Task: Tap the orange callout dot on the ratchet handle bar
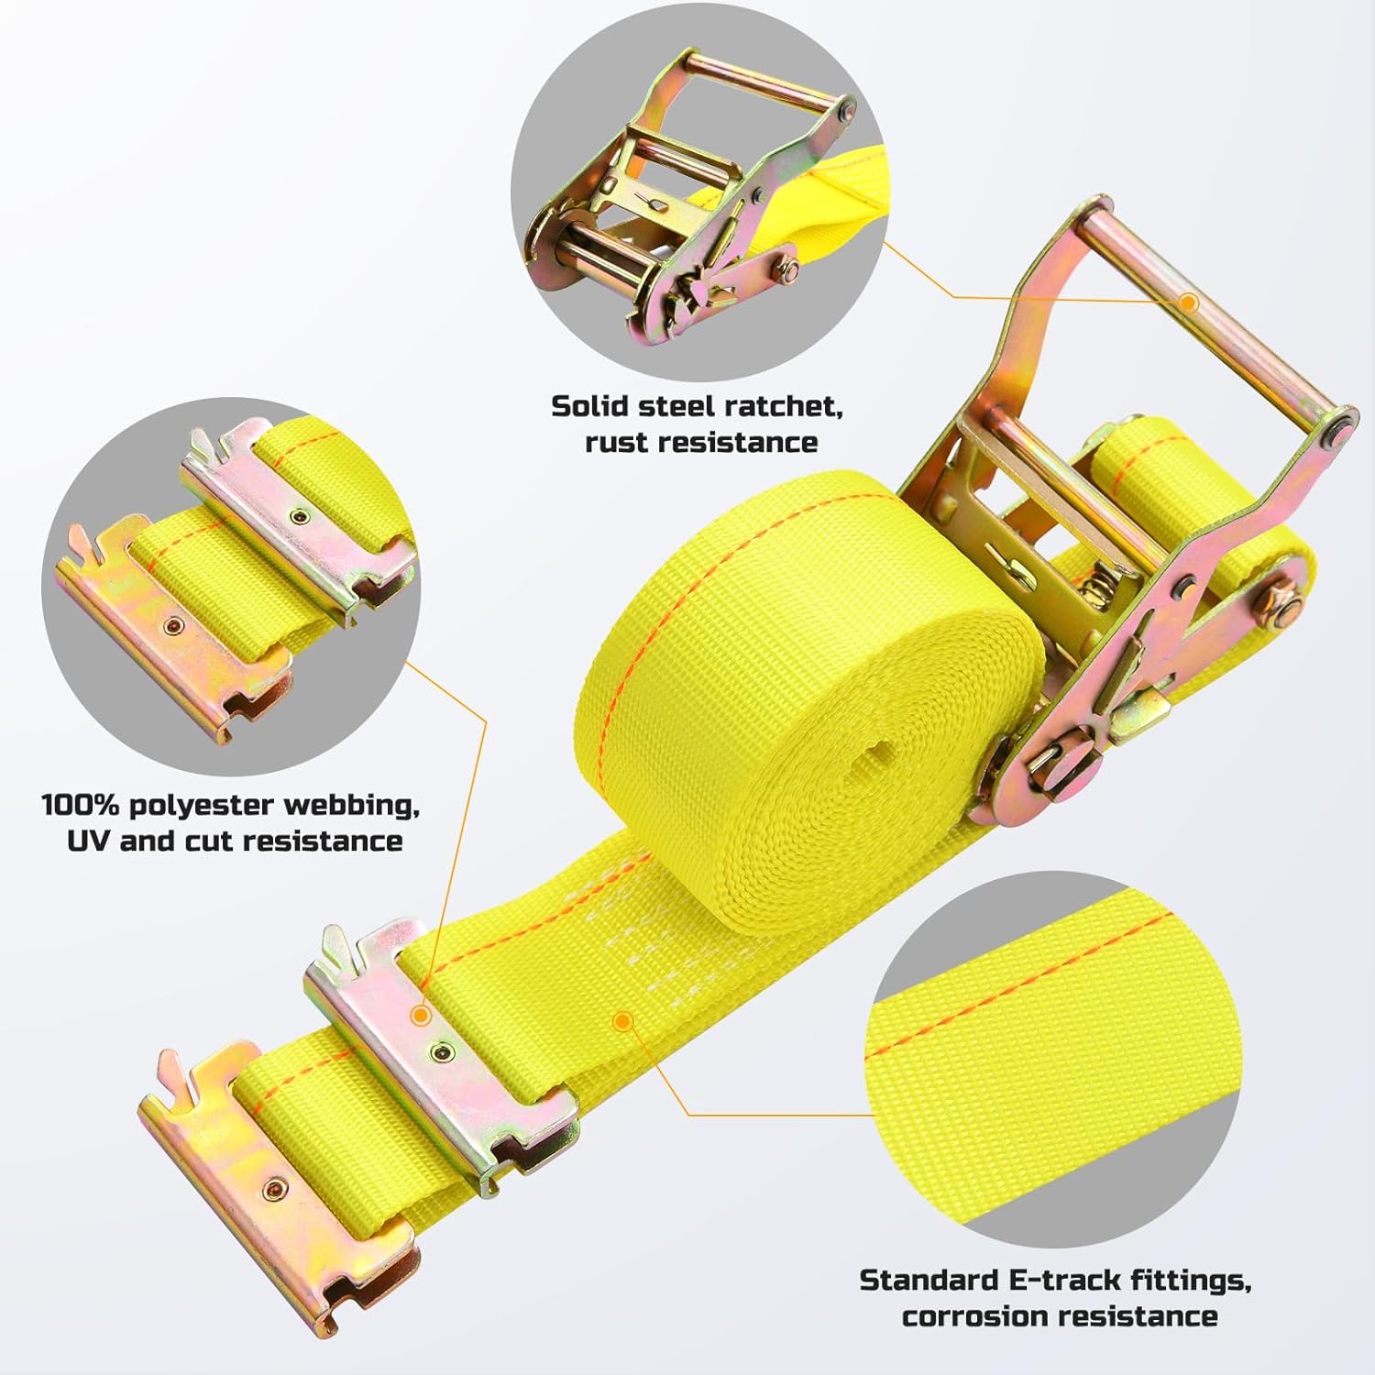click(1189, 302)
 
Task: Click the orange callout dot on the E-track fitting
click(421, 1016)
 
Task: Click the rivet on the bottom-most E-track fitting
click(271, 1190)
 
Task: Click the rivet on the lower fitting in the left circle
click(170, 625)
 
